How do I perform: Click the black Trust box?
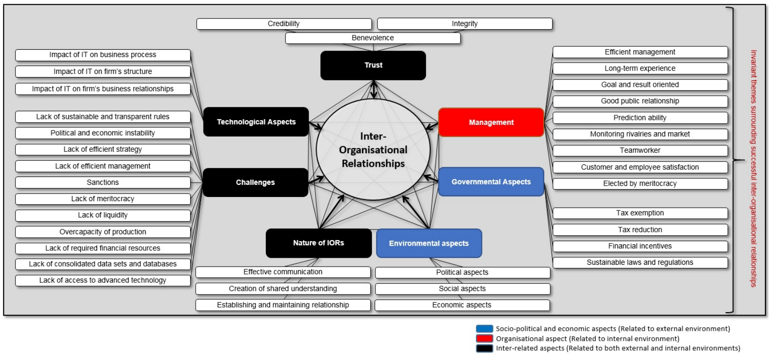(373, 65)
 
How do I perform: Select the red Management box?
(491, 123)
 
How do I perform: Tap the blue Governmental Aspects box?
(491, 182)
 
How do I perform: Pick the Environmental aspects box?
(429, 243)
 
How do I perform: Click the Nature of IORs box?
(319, 243)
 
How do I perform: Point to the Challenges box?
(256, 183)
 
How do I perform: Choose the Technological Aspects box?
(256, 122)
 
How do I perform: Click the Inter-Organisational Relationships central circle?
(373, 150)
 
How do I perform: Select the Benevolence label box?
(373, 38)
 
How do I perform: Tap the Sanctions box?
(103, 183)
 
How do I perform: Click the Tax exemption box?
(640, 213)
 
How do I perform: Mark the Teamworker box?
(640, 151)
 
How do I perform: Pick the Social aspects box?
(462, 289)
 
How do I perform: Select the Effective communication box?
(283, 272)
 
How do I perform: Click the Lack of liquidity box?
(103, 216)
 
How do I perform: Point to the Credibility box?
(284, 24)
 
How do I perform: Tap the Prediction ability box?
(640, 118)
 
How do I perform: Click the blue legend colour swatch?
(484, 329)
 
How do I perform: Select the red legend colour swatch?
(484, 339)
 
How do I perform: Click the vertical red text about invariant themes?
(753, 168)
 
